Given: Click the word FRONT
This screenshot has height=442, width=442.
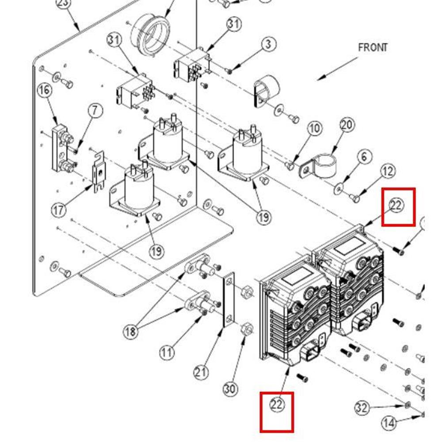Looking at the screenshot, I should pos(373,47).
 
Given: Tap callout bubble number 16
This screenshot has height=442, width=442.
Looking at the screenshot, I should pos(44,91).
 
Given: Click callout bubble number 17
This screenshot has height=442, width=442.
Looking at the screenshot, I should pos(60,209).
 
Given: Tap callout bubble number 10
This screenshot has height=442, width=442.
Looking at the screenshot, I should pos(314,129).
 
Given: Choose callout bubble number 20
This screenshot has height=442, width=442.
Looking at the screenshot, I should pos(347,125).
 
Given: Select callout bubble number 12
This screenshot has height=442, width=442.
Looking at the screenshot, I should pos(388,171).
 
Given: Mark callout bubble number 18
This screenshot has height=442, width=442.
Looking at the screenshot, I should pos(130,331).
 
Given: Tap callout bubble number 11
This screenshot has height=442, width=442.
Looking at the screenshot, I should pos(167,352).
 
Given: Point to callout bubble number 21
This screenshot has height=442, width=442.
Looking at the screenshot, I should pos(201,372).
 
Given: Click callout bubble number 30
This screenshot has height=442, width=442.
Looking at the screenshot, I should pos(229,389).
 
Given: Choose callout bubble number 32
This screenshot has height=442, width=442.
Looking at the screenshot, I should pos(362,408).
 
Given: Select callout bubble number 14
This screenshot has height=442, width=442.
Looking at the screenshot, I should pos(389,423).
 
